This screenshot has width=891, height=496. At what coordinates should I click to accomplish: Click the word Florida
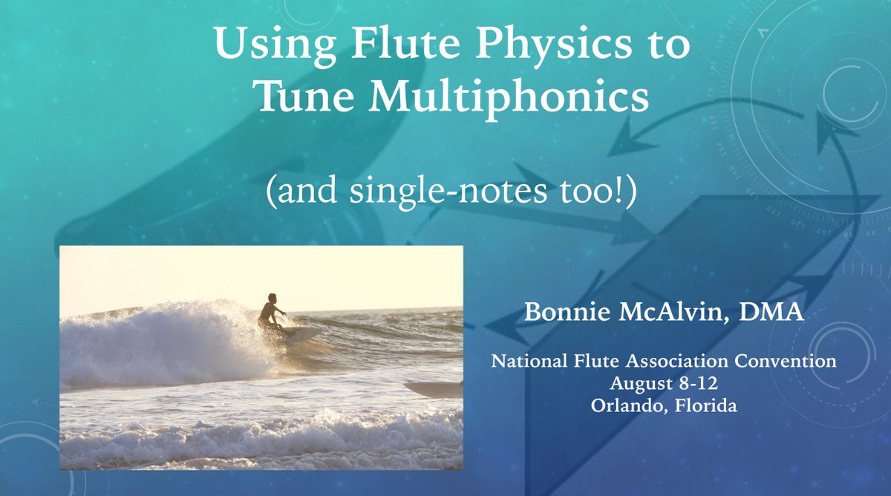[x=702, y=407]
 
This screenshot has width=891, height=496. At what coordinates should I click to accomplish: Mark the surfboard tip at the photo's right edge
[x=435, y=388]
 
